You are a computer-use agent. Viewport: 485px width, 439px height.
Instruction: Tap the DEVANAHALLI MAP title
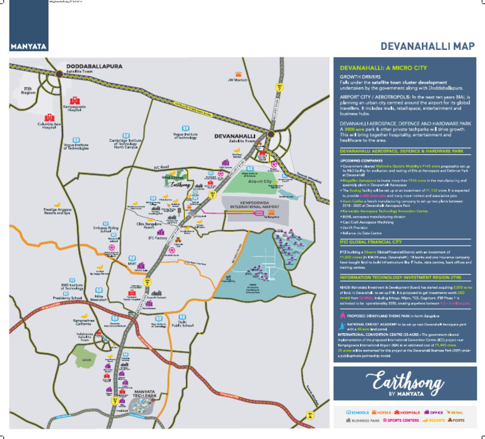pos(427,47)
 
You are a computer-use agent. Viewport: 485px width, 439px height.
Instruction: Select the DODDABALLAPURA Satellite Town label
pos(93,68)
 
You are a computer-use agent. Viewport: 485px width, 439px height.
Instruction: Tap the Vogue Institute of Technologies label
pos(75,147)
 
